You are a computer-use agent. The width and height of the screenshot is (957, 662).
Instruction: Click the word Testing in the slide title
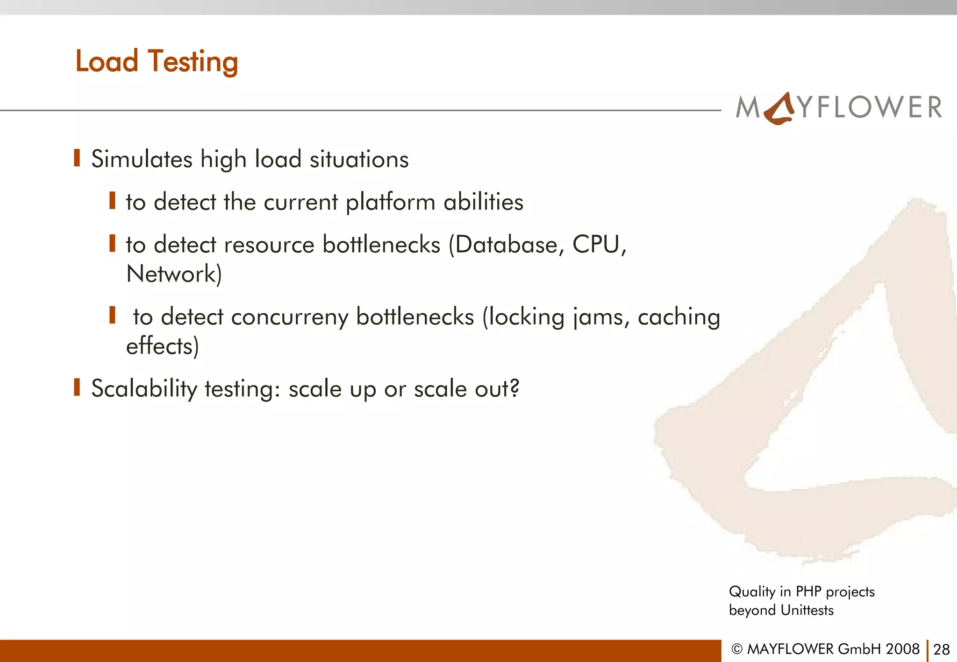(x=193, y=62)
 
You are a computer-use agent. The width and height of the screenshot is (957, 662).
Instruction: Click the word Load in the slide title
(x=107, y=61)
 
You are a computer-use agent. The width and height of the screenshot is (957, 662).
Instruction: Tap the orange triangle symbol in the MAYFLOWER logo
(x=779, y=109)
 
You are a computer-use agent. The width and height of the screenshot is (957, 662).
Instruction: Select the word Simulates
(x=142, y=159)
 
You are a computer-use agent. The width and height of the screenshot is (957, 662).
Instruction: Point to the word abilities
(x=483, y=202)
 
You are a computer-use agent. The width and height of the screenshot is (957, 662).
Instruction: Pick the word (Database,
(x=506, y=245)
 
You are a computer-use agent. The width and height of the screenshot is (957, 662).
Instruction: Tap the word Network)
(x=174, y=274)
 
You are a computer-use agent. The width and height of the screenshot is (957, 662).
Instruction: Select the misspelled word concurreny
(x=290, y=317)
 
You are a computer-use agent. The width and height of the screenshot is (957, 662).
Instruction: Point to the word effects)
(x=163, y=346)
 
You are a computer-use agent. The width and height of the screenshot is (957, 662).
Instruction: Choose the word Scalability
(x=144, y=389)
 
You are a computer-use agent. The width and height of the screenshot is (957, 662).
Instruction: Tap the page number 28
(x=941, y=649)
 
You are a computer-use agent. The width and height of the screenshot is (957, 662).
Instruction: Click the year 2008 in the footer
(x=902, y=649)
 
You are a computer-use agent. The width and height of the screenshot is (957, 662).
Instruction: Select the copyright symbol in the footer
(x=736, y=649)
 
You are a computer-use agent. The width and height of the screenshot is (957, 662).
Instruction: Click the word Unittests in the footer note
(x=807, y=610)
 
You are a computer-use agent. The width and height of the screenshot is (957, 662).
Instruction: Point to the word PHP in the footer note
(x=808, y=592)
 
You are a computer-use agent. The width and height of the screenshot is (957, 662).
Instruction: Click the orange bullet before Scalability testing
(x=77, y=387)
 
